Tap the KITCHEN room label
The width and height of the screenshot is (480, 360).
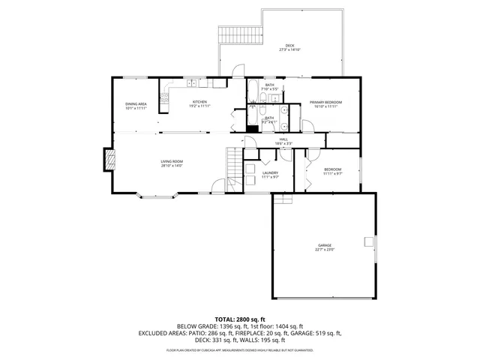pyautogui.click(x=199, y=102)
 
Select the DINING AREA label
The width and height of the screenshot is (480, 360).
pyautogui.click(x=136, y=104)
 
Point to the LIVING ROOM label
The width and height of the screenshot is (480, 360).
pyautogui.click(x=172, y=161)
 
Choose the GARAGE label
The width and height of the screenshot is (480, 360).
pyautogui.click(x=324, y=245)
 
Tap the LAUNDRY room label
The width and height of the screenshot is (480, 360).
pyautogui.click(x=270, y=173)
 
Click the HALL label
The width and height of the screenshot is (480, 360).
pyautogui.click(x=284, y=139)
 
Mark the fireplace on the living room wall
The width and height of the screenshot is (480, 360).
pyautogui.click(x=109, y=158)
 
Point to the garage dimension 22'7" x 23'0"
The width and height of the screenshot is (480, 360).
pyautogui.click(x=324, y=250)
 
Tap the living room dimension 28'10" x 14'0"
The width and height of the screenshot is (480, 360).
pyautogui.click(x=172, y=166)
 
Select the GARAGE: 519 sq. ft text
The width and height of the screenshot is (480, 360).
pyautogui.click(x=319, y=332)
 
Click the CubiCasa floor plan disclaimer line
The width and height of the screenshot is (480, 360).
pyautogui.click(x=239, y=349)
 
